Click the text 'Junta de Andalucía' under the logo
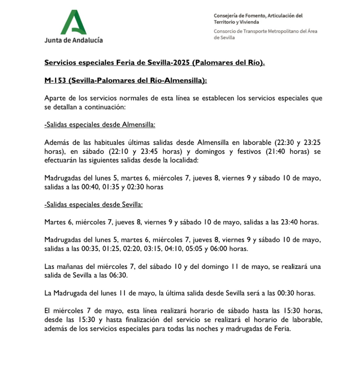coord(73,40)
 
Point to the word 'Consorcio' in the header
coord(224,31)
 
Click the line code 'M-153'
coord(55,80)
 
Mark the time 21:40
coord(282,152)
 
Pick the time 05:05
coord(193,249)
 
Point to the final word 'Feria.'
coord(283,329)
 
